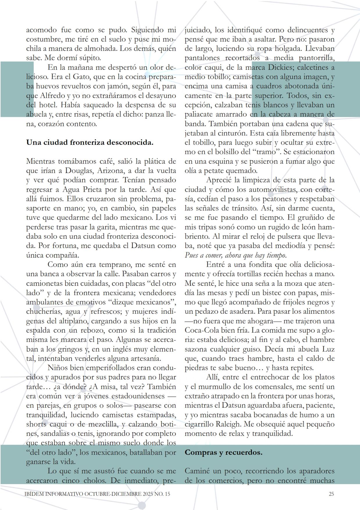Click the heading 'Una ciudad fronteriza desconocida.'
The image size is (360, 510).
[x=89, y=142]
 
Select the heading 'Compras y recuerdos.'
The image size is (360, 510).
[x=223, y=452]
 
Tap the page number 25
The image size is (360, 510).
[x=331, y=494]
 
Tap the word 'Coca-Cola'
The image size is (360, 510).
[x=200, y=330]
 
